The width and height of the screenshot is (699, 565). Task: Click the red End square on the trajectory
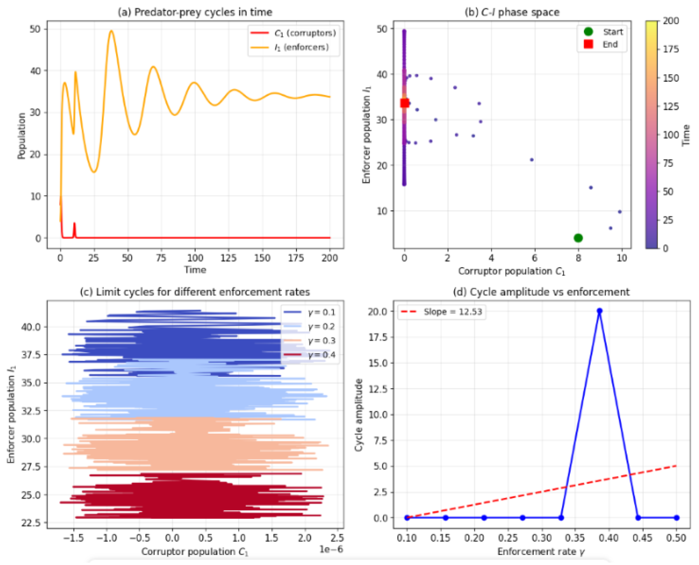[x=404, y=103]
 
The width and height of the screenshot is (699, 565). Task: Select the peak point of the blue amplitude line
[x=599, y=311]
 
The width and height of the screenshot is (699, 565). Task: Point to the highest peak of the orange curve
[x=111, y=31]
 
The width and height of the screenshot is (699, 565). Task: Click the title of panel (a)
[x=195, y=12]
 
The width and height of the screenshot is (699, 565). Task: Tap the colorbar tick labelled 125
[x=671, y=106]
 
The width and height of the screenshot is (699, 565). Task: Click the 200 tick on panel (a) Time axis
[x=329, y=258]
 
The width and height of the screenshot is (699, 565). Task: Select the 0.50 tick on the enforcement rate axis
[x=676, y=538]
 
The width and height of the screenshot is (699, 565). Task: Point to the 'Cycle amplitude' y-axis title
[x=359, y=415]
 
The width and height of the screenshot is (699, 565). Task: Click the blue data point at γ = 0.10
[x=407, y=518]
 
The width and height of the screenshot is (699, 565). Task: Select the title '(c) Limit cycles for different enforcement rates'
[x=195, y=292]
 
